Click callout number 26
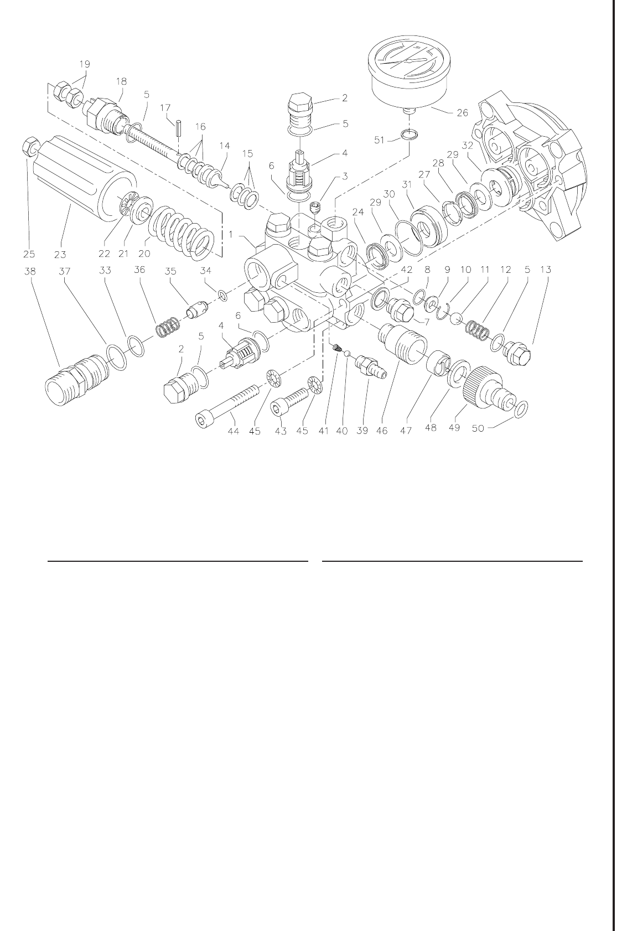click(462, 112)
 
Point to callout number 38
click(30, 271)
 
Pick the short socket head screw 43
click(289, 402)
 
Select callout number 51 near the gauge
click(380, 140)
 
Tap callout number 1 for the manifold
click(231, 235)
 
